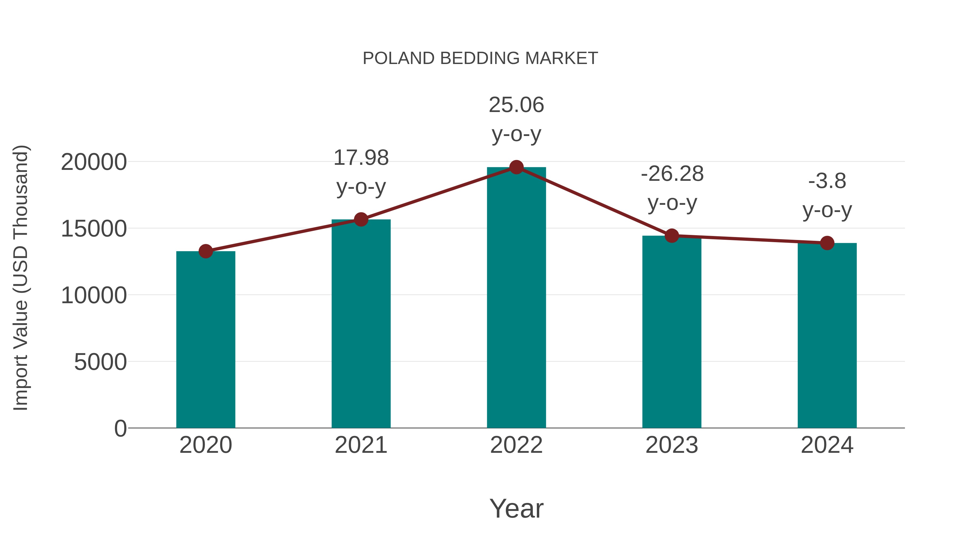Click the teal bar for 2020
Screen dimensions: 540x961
206,339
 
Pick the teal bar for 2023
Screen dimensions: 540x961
672,332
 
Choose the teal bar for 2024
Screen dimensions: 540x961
827,335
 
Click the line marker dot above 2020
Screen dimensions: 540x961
206,251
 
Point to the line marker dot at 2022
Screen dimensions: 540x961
516,167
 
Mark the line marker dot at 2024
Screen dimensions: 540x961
827,243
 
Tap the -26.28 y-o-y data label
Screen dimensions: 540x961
672,188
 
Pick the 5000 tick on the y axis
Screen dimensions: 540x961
100,362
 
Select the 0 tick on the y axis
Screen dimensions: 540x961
120,428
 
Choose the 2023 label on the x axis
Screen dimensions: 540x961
672,445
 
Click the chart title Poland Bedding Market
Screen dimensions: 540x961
480,58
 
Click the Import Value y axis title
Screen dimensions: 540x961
21,278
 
